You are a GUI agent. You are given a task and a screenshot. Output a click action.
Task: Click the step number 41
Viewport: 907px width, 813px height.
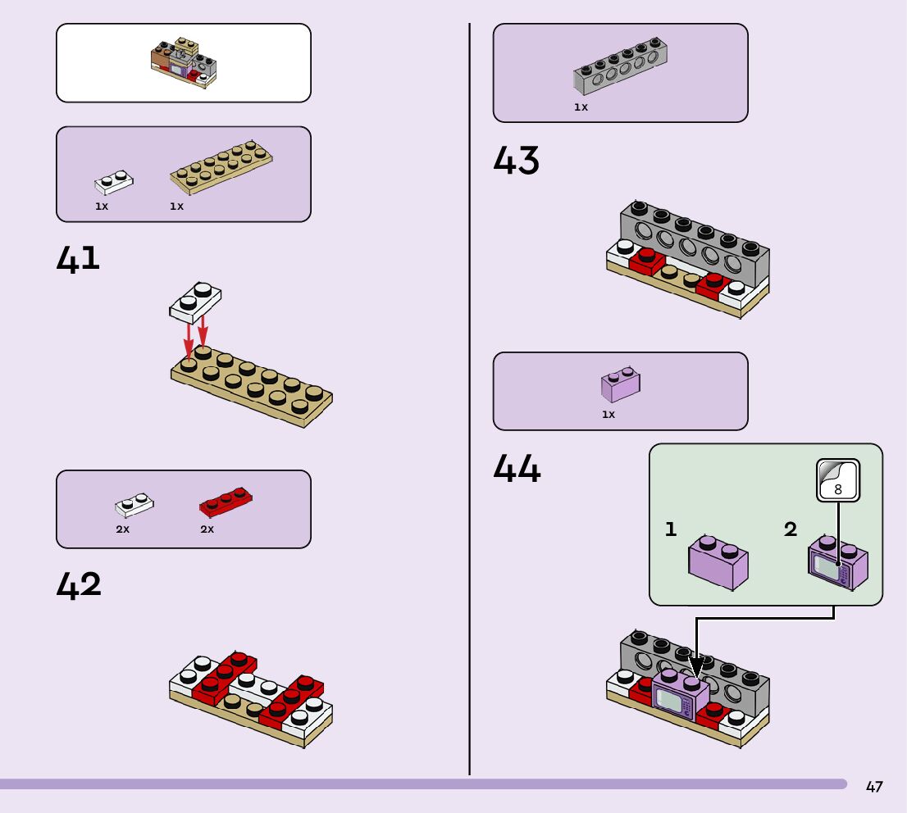click(x=78, y=258)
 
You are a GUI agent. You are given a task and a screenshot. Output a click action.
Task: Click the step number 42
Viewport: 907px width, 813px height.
click(x=79, y=585)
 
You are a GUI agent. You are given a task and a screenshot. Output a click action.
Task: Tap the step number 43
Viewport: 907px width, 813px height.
click(x=517, y=161)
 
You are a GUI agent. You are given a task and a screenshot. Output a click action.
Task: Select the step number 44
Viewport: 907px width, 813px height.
click(x=517, y=470)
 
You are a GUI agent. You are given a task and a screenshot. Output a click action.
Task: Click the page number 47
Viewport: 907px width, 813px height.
click(x=874, y=787)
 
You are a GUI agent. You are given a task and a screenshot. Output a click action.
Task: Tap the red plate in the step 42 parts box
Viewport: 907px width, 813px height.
click(x=226, y=502)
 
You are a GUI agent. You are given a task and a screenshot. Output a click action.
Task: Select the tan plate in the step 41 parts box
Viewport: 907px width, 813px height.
click(x=221, y=166)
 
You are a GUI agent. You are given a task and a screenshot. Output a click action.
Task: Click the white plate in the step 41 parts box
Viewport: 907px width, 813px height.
click(x=115, y=181)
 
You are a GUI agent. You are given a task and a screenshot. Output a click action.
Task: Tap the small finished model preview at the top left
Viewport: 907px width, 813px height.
click(x=184, y=63)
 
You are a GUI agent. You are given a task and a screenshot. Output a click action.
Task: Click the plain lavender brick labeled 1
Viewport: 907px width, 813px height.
click(x=718, y=561)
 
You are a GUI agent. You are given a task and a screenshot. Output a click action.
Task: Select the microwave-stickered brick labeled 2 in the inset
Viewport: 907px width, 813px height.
click(x=838, y=563)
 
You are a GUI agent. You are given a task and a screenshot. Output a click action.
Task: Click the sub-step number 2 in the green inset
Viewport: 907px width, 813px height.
click(x=790, y=529)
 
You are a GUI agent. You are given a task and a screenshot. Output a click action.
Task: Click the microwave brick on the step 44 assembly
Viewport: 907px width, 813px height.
click(x=680, y=696)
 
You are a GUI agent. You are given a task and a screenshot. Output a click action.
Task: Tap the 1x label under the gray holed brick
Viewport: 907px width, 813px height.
click(x=581, y=107)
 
